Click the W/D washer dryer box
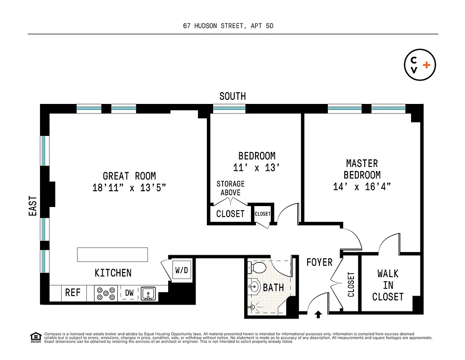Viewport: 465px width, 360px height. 182,271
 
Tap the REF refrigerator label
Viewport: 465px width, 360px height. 73,293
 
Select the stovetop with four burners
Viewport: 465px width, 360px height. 106,293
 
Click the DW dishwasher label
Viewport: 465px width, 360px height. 129,293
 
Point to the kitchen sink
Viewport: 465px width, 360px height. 148,293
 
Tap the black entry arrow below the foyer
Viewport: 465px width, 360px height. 319,315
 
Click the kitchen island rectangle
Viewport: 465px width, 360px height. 112,254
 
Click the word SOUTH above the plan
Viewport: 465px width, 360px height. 232,96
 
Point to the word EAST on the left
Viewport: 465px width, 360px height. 33,206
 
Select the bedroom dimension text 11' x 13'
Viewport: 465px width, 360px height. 257,168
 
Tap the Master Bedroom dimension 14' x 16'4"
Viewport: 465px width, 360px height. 362,187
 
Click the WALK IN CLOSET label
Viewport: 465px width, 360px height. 388,285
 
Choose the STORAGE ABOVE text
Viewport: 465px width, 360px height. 231,188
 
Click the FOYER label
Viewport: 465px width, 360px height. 319,262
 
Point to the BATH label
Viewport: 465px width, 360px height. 273,287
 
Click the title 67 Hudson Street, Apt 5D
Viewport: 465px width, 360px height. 228,26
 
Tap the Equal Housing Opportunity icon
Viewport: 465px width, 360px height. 34,337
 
